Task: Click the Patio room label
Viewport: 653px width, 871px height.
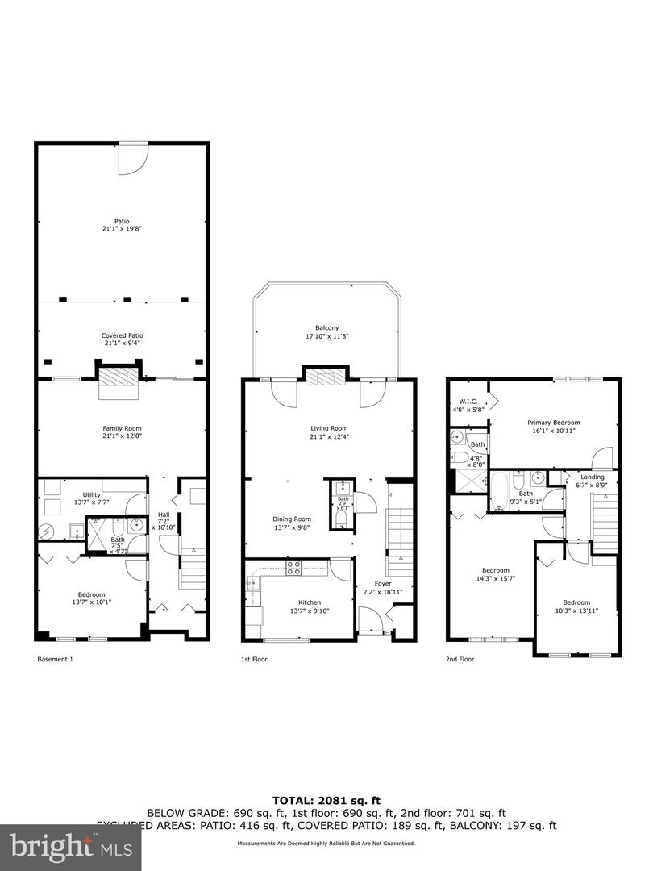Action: [x=122, y=224]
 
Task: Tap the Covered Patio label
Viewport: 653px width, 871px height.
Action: [x=122, y=340]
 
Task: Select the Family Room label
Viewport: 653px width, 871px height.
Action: [x=122, y=432]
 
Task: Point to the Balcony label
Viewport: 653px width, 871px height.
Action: [x=326, y=331]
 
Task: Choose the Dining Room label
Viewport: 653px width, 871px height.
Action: [x=290, y=523]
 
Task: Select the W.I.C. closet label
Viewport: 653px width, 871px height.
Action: [x=469, y=405]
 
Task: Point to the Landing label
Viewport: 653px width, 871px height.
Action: [x=592, y=481]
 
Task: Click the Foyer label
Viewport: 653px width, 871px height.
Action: [x=383, y=587]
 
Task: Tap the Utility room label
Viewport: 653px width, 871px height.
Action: [x=91, y=499]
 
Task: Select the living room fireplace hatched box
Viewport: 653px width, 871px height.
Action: [x=326, y=377]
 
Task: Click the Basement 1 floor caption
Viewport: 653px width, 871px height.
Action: [x=56, y=659]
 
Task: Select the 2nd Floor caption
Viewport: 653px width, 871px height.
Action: [x=460, y=659]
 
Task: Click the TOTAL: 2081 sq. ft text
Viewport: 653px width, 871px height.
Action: [x=326, y=799]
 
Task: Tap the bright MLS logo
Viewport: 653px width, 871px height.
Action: [x=70, y=846]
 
